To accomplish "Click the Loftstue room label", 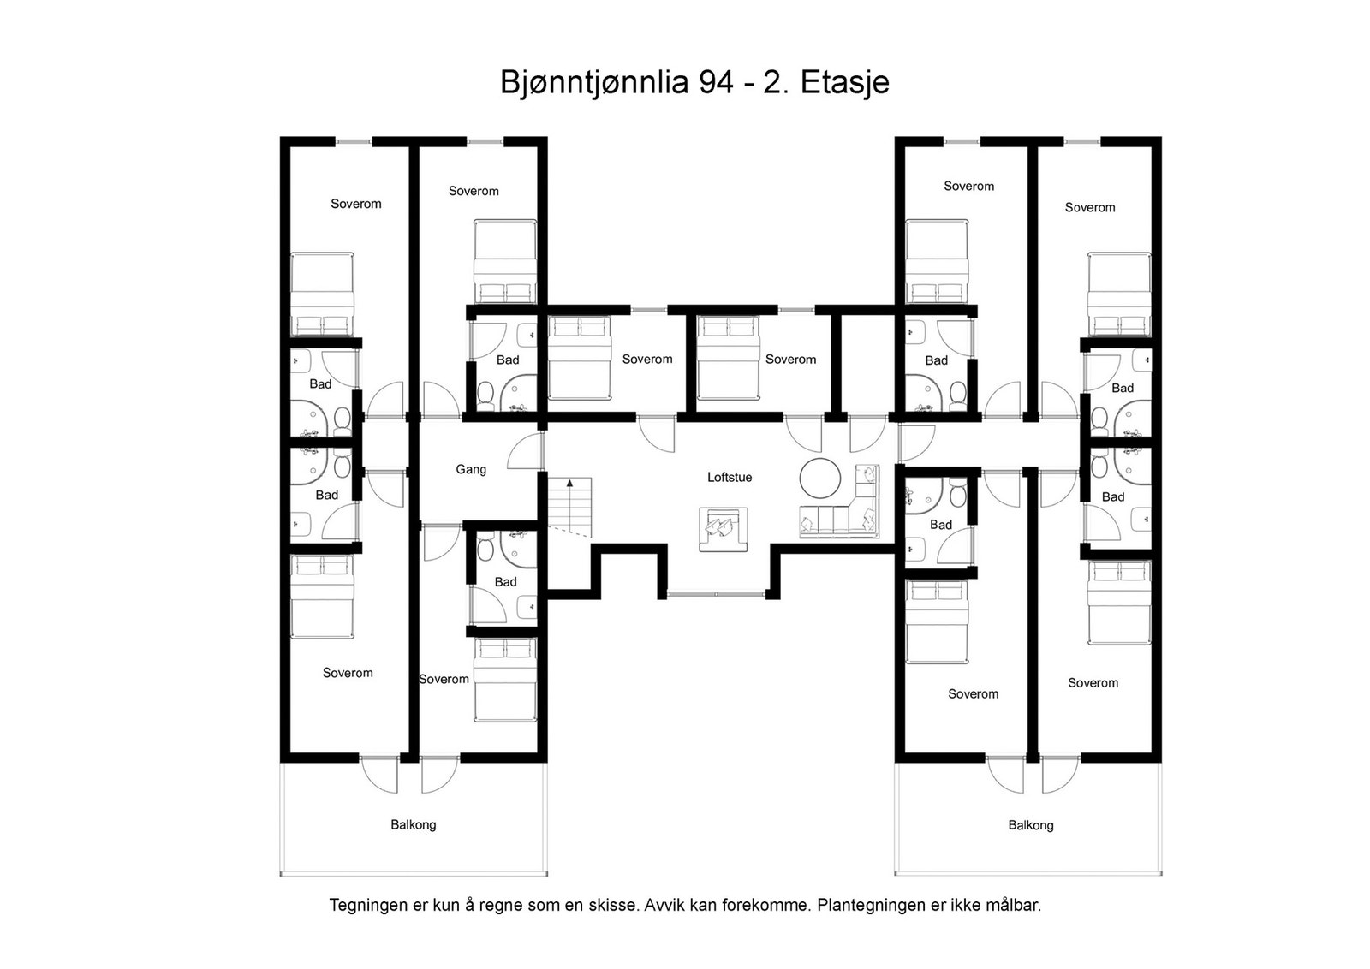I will pyautogui.click(x=729, y=477).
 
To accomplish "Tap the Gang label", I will pyautogui.click(x=470, y=469).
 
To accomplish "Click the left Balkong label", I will pyautogui.click(x=413, y=824).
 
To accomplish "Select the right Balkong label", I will pyautogui.click(x=1030, y=825).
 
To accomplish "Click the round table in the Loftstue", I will pyautogui.click(x=820, y=478).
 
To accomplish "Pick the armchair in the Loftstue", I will pyautogui.click(x=723, y=529).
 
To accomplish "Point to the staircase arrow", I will pyautogui.click(x=569, y=485).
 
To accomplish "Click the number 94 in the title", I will pyautogui.click(x=715, y=82).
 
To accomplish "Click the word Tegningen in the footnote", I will pyautogui.click(x=367, y=905).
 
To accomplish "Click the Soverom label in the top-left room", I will pyautogui.click(x=355, y=204).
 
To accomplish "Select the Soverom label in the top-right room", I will pyautogui.click(x=1089, y=207).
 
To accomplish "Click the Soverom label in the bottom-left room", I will pyautogui.click(x=347, y=673).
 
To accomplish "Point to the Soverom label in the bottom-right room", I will pyautogui.click(x=1093, y=682).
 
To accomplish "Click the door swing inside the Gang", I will pyautogui.click(x=524, y=452).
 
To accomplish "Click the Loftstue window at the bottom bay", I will pyautogui.click(x=716, y=594).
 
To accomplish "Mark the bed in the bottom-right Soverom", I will pyautogui.click(x=1118, y=603).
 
